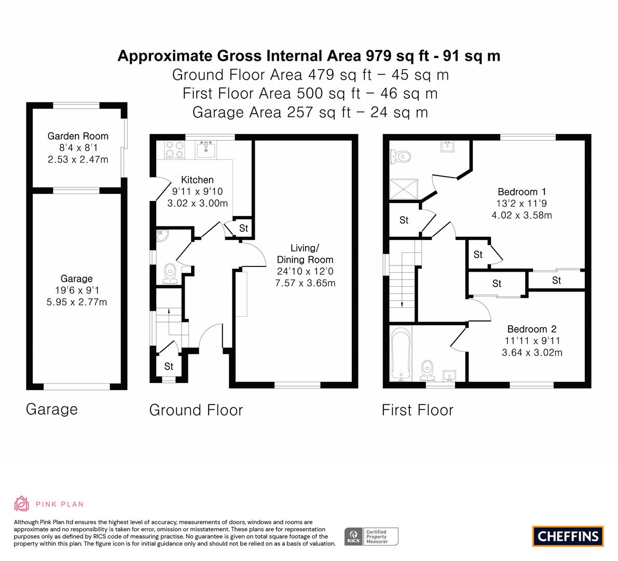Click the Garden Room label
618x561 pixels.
[78, 136]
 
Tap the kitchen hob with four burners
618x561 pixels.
[174, 150]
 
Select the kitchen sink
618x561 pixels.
[205, 150]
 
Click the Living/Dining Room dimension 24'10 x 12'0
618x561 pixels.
[305, 271]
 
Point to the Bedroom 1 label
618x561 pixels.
[522, 192]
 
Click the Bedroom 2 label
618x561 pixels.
[532, 329]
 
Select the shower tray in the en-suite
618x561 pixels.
[404, 189]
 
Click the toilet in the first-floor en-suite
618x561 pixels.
[400, 157]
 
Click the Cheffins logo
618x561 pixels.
[568, 536]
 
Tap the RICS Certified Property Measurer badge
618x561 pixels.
[372, 537]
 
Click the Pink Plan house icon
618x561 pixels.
[22, 504]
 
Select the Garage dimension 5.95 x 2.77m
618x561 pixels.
[77, 302]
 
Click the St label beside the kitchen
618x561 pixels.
[243, 228]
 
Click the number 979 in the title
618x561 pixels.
[379, 56]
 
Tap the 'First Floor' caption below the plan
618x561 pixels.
[417, 410]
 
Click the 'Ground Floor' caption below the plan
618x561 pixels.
[196, 410]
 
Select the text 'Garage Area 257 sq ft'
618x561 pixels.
[271, 112]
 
